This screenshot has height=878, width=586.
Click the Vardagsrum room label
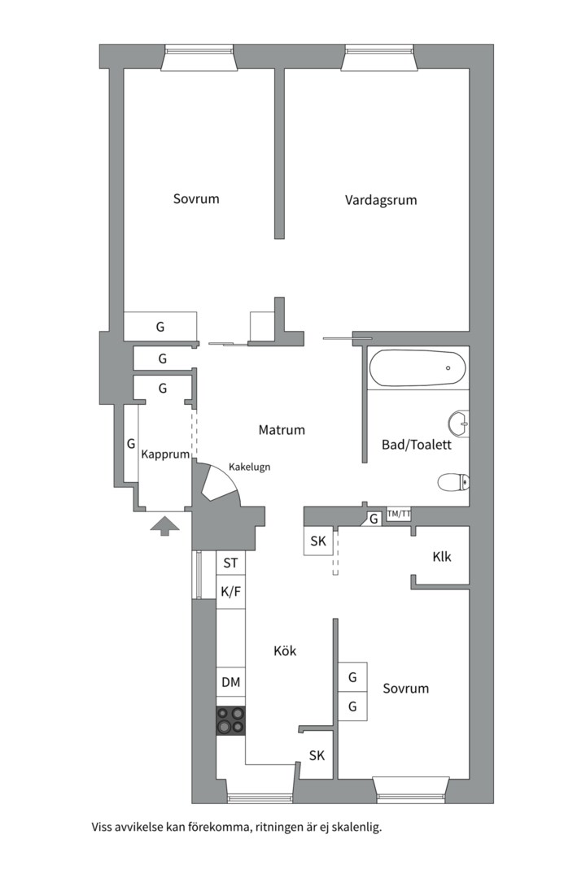point(381,201)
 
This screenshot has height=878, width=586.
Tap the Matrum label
point(282,430)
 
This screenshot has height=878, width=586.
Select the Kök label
point(285,650)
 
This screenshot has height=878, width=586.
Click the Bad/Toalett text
point(416,445)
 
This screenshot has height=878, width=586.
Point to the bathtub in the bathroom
point(418,368)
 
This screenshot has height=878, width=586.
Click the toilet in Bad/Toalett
point(453,482)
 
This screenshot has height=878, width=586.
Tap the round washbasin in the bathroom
point(459,424)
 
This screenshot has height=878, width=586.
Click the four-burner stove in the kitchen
point(231,720)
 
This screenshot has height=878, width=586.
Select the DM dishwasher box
point(231,682)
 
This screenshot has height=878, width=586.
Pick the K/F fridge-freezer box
point(231,591)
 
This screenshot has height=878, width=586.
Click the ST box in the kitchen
point(231,563)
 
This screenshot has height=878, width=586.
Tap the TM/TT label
point(399,514)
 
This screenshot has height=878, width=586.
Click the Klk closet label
point(442,557)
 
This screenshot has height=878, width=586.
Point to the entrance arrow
point(165,526)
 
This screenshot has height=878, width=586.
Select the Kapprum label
point(165,454)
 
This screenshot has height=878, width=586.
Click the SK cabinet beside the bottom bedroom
point(317,755)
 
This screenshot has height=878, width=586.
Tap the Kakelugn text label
point(250,467)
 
